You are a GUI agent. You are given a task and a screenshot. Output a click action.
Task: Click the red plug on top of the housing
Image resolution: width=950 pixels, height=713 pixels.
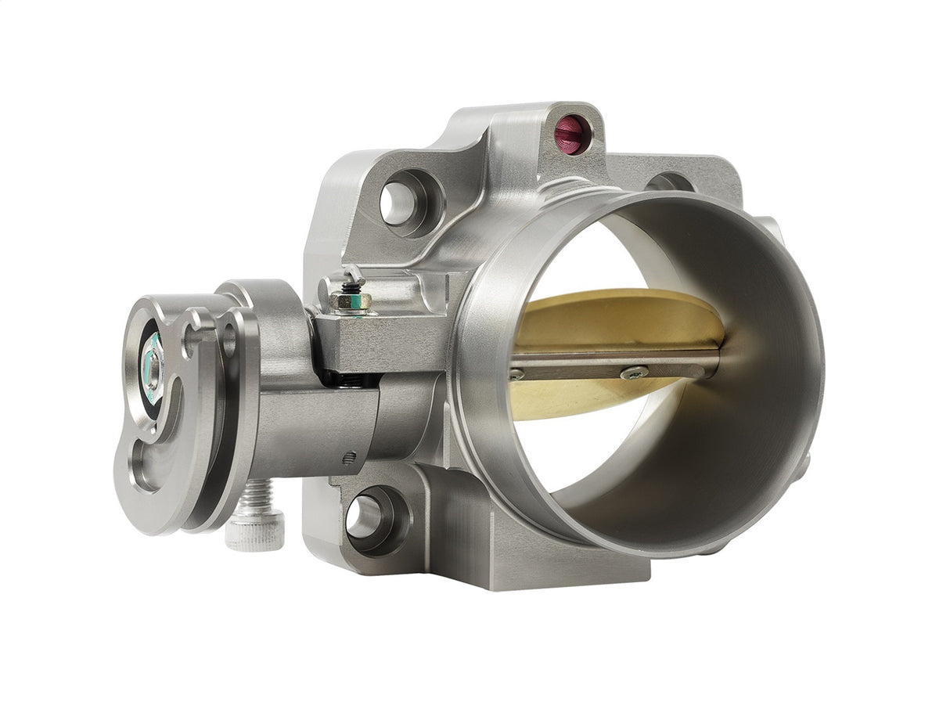569,136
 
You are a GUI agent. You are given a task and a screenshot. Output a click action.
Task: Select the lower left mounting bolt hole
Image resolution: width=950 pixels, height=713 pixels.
365,517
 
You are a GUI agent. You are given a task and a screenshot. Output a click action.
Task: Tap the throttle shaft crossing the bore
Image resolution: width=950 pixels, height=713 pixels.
610,363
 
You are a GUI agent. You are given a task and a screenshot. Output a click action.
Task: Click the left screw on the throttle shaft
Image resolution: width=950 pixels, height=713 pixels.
516,375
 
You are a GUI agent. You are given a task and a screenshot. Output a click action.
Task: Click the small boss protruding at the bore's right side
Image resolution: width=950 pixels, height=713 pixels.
803,466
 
